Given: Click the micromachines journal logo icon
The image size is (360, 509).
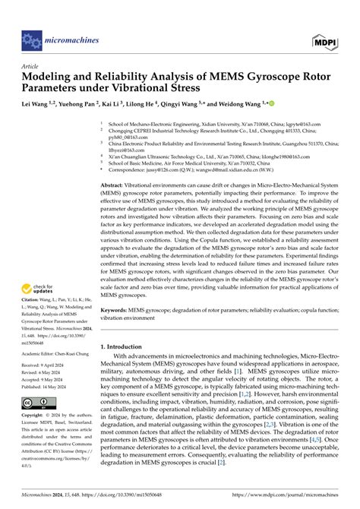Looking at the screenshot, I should pos(32,36).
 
